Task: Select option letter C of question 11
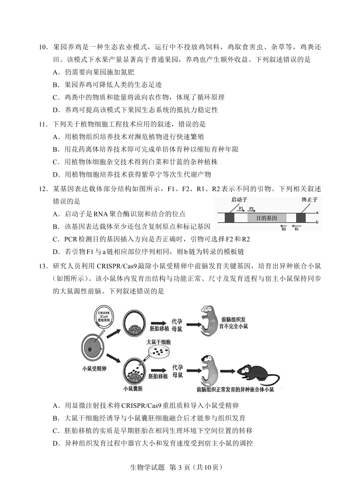click(x=56, y=162)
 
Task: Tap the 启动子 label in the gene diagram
click(x=239, y=199)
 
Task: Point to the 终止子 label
click(x=309, y=199)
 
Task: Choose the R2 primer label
click(x=283, y=229)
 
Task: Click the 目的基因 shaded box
click(x=266, y=218)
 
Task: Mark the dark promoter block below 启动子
click(x=230, y=218)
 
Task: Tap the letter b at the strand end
click(x=317, y=222)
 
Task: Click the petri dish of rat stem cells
click(x=158, y=352)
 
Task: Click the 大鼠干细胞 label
click(x=158, y=342)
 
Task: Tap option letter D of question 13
click(x=56, y=443)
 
